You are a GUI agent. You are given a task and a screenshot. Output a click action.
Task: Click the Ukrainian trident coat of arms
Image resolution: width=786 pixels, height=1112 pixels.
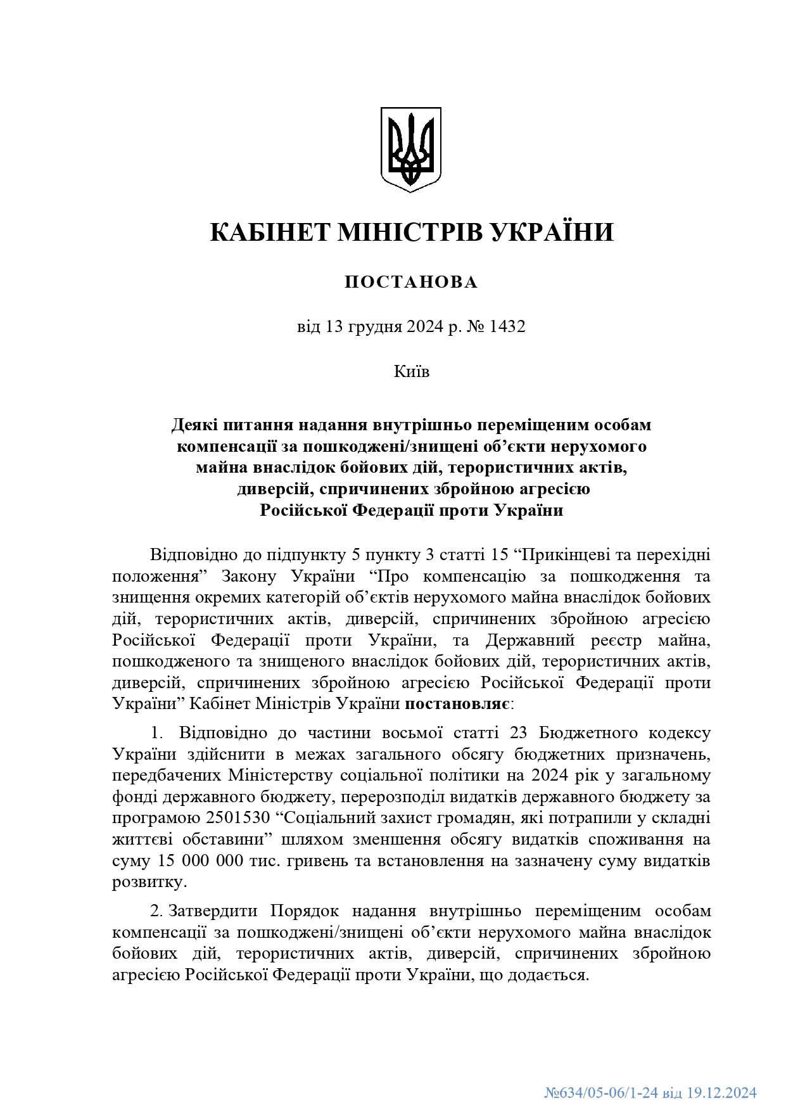[x=410, y=149]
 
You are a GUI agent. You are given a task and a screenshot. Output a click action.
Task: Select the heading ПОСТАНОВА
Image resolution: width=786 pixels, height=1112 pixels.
[x=411, y=283]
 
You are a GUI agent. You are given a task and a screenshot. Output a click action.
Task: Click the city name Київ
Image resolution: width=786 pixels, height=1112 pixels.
[x=411, y=371]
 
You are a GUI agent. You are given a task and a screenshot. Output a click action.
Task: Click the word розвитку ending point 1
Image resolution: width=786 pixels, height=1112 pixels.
[x=149, y=882]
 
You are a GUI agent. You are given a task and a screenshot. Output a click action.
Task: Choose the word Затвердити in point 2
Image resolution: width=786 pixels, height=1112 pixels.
[x=213, y=911]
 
